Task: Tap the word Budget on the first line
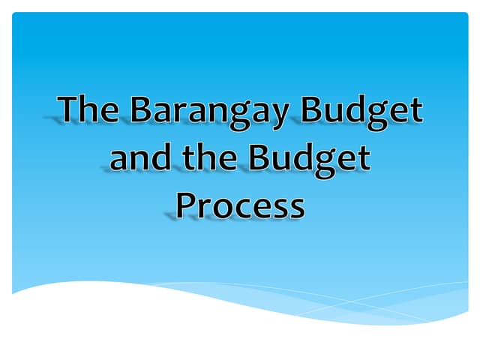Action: point(361,111)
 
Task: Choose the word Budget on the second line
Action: point(309,159)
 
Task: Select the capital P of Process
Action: point(184,205)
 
